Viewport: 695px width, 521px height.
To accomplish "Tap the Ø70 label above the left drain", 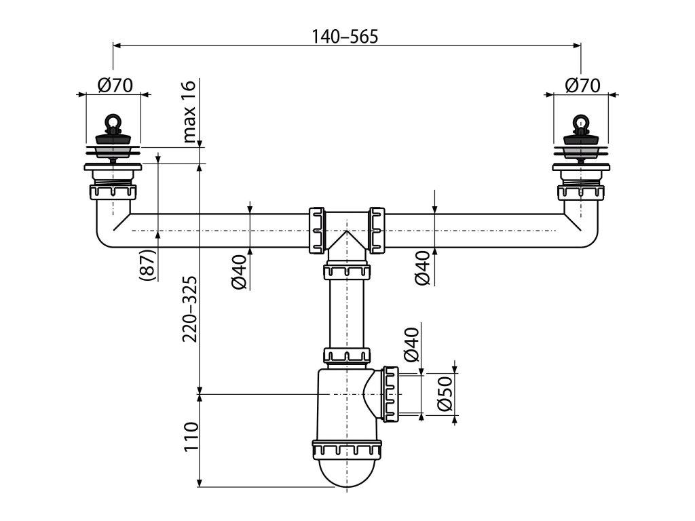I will click(x=114, y=85).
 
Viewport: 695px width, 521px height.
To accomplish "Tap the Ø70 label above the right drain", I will click(x=582, y=85).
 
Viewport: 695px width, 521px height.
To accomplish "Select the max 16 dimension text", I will click(x=189, y=113).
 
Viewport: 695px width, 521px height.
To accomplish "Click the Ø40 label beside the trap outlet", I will click(x=413, y=346).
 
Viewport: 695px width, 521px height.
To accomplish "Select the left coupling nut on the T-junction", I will click(x=317, y=230).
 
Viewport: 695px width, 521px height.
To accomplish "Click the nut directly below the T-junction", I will click(x=347, y=272).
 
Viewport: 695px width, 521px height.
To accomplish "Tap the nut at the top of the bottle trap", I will click(x=346, y=356).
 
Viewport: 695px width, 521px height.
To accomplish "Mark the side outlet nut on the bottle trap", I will click(x=390, y=393).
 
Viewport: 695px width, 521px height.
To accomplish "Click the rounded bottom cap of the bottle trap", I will click(x=346, y=475).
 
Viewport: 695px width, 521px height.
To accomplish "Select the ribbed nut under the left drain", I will click(x=113, y=192).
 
